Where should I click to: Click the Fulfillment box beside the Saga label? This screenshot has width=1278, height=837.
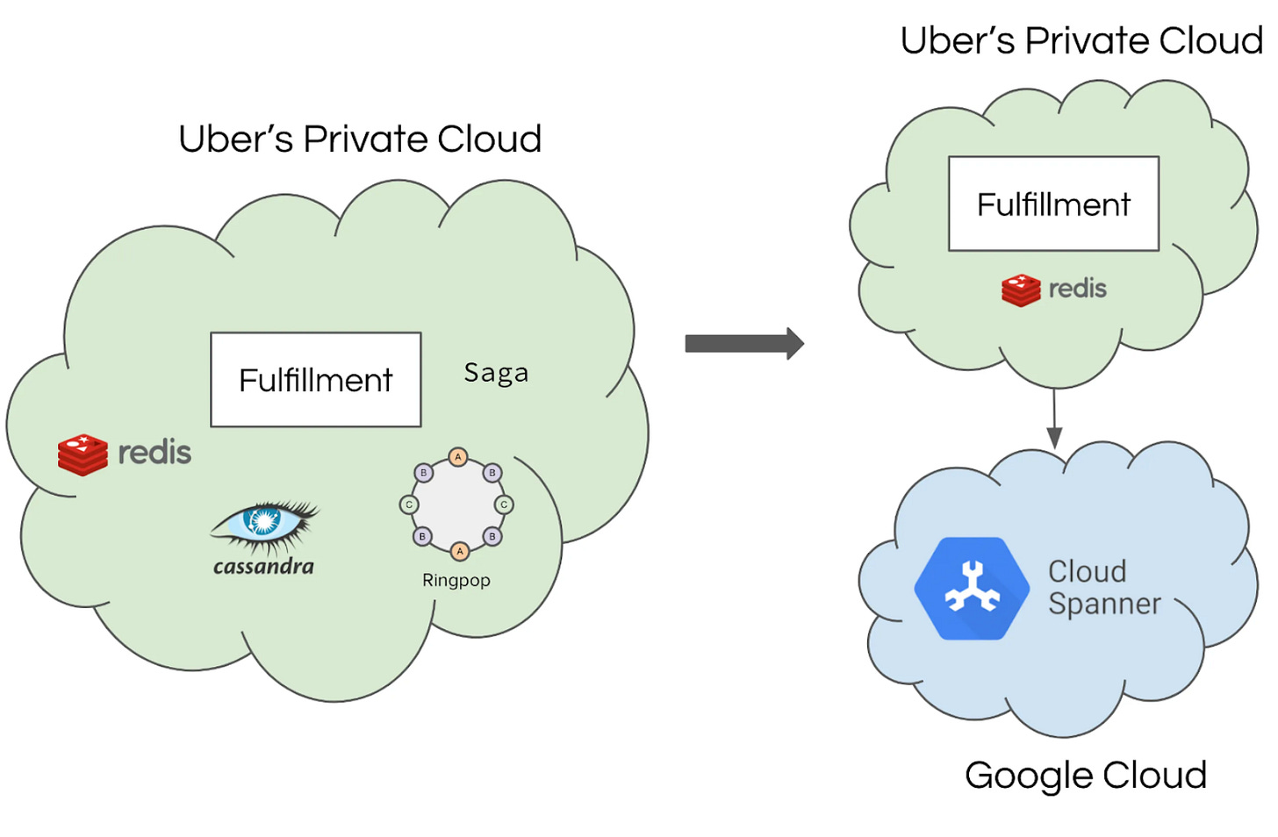316,380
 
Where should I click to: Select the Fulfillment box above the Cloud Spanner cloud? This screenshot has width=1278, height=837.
1053,204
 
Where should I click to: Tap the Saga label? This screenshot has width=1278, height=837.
496,373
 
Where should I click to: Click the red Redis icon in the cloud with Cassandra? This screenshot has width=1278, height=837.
83,454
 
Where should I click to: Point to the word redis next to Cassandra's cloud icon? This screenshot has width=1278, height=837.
154,453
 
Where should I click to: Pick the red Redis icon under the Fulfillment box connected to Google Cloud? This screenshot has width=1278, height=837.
1021,290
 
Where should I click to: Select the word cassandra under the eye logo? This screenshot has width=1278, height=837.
263,567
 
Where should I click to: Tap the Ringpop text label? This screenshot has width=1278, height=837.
456,580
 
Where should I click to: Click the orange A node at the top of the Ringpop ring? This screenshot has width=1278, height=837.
457,457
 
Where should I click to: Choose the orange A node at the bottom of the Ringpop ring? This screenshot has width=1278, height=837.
459,552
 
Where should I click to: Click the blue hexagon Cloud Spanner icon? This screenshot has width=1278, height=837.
972,588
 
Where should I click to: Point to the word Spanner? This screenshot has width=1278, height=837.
1104,604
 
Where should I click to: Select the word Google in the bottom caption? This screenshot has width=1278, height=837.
1028,776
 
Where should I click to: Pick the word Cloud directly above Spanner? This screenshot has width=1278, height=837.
1087,571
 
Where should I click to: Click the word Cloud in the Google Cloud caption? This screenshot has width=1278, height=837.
1154,776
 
